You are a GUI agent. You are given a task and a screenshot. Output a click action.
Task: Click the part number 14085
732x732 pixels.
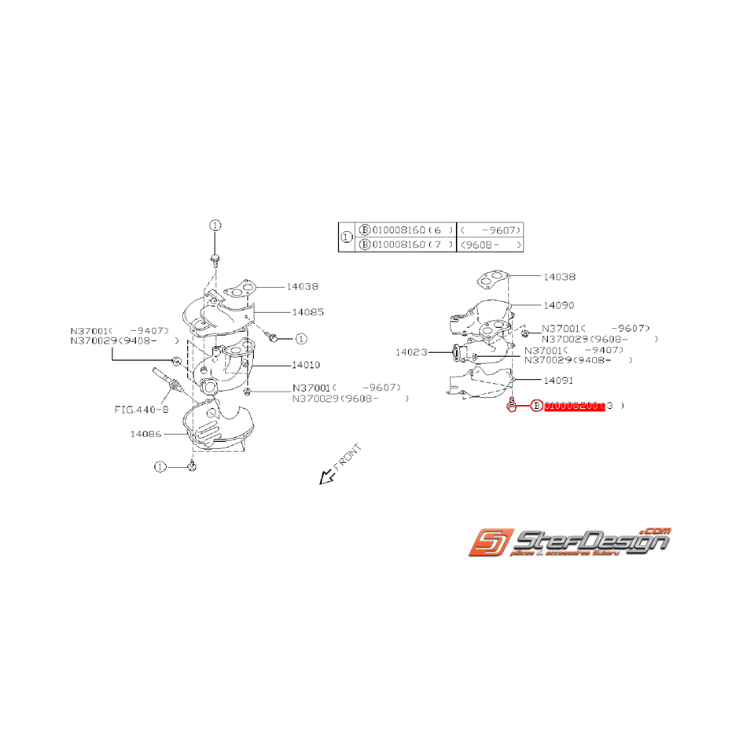tap(307, 312)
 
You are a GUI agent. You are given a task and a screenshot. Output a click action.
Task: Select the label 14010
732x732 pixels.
tap(306, 365)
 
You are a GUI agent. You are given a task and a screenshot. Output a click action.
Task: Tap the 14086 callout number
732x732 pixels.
tap(146, 433)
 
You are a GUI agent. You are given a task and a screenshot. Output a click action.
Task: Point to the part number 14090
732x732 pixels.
tap(559, 304)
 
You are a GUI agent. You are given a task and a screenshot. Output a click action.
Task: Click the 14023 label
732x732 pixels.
tap(411, 352)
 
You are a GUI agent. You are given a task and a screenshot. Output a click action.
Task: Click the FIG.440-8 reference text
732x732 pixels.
tap(142, 410)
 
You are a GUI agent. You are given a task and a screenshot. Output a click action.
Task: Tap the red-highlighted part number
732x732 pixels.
tap(573, 406)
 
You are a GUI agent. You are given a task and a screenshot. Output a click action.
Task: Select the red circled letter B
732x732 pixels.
tap(537, 406)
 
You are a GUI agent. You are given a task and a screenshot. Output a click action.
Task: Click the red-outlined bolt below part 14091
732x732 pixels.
tap(511, 406)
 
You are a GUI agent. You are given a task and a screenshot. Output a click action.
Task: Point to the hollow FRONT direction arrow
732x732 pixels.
tap(325, 476)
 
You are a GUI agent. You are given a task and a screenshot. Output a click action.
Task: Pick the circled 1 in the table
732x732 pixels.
tap(347, 237)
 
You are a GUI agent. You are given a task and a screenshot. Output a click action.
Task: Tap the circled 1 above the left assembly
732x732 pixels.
tap(215, 225)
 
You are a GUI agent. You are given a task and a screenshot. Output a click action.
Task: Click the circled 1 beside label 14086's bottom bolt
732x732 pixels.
tap(160, 466)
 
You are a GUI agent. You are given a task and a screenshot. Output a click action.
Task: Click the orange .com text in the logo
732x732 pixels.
tap(655, 531)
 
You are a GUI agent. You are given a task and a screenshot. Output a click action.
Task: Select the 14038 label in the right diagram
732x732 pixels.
tap(559, 277)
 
